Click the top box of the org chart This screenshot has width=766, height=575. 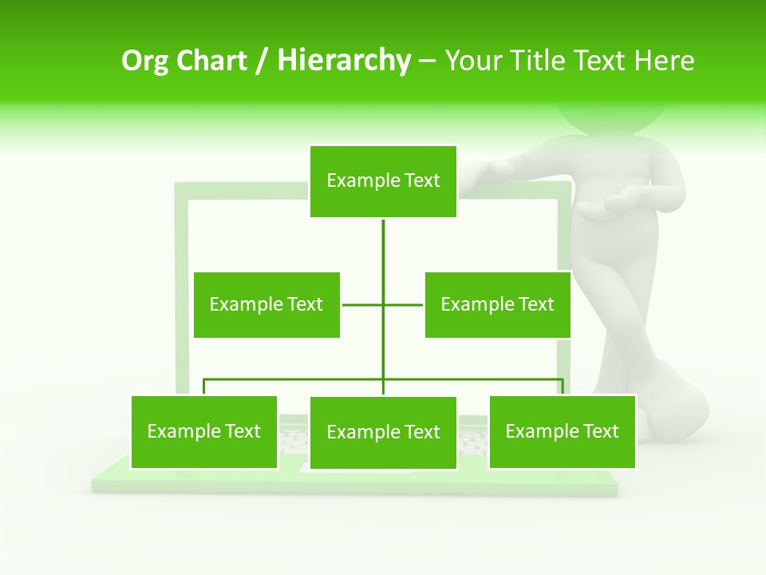pos(383,181)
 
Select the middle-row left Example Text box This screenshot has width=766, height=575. pos(267,304)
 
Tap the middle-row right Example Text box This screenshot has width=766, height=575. pos(497,304)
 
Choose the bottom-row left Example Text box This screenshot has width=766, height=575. pos(203,432)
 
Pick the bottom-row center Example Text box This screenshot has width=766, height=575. pos(383,433)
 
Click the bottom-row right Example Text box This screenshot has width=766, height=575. pos(562,432)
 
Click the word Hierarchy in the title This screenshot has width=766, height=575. pos(344,61)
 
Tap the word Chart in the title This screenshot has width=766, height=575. pos(213,61)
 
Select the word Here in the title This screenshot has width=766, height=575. pos(664,61)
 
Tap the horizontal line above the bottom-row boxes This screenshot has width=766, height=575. pos(303,379)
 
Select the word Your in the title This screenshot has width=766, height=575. pos(474,61)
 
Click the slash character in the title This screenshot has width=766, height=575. pos(261,61)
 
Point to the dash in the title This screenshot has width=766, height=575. pos(427,61)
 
